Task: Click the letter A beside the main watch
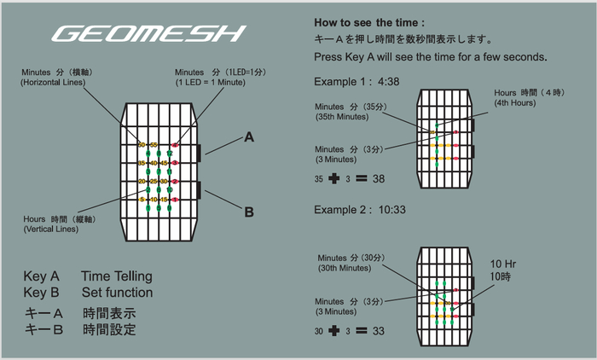pyautogui.click(x=249, y=136)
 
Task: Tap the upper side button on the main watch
pyautogui.click(x=199, y=153)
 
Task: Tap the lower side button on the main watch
pyautogui.click(x=199, y=191)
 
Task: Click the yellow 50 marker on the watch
pyautogui.click(x=142, y=144)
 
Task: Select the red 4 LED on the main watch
pyautogui.click(x=175, y=144)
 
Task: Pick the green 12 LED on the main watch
pyautogui.click(x=169, y=154)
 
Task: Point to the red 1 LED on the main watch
pyautogui.click(x=175, y=200)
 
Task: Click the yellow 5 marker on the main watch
pyautogui.click(x=142, y=200)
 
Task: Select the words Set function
pyautogui.click(x=117, y=293)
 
